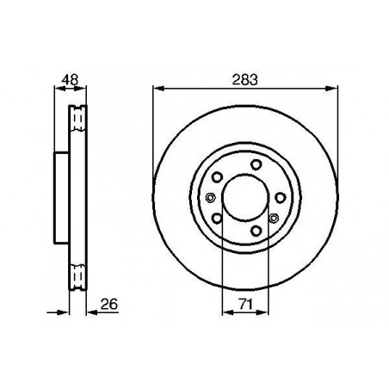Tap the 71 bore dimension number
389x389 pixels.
point(245,302)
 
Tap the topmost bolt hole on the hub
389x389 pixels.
point(256,165)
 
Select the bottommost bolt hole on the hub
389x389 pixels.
point(256,233)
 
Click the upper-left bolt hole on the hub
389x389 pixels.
point(217,178)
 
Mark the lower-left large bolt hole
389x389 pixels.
point(217,220)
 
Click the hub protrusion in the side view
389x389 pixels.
point(60,199)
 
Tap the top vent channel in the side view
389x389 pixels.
point(77,115)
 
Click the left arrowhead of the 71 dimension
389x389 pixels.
point(225,312)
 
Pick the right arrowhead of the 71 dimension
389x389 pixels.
point(267,312)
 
